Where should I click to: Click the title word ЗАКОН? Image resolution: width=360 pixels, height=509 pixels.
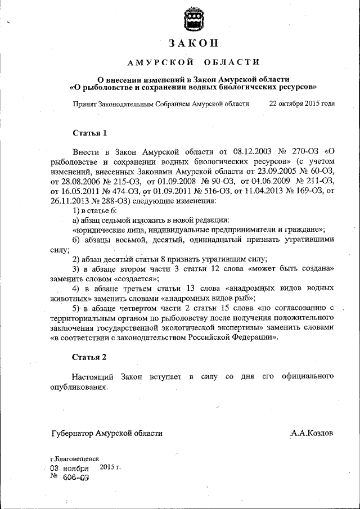coord(192,44)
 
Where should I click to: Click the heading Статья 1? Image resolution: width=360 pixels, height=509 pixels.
coord(89,133)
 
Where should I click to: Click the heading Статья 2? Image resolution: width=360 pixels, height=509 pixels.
coord(89,357)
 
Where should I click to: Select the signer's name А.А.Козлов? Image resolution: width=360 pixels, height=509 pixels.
coord(312,433)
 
